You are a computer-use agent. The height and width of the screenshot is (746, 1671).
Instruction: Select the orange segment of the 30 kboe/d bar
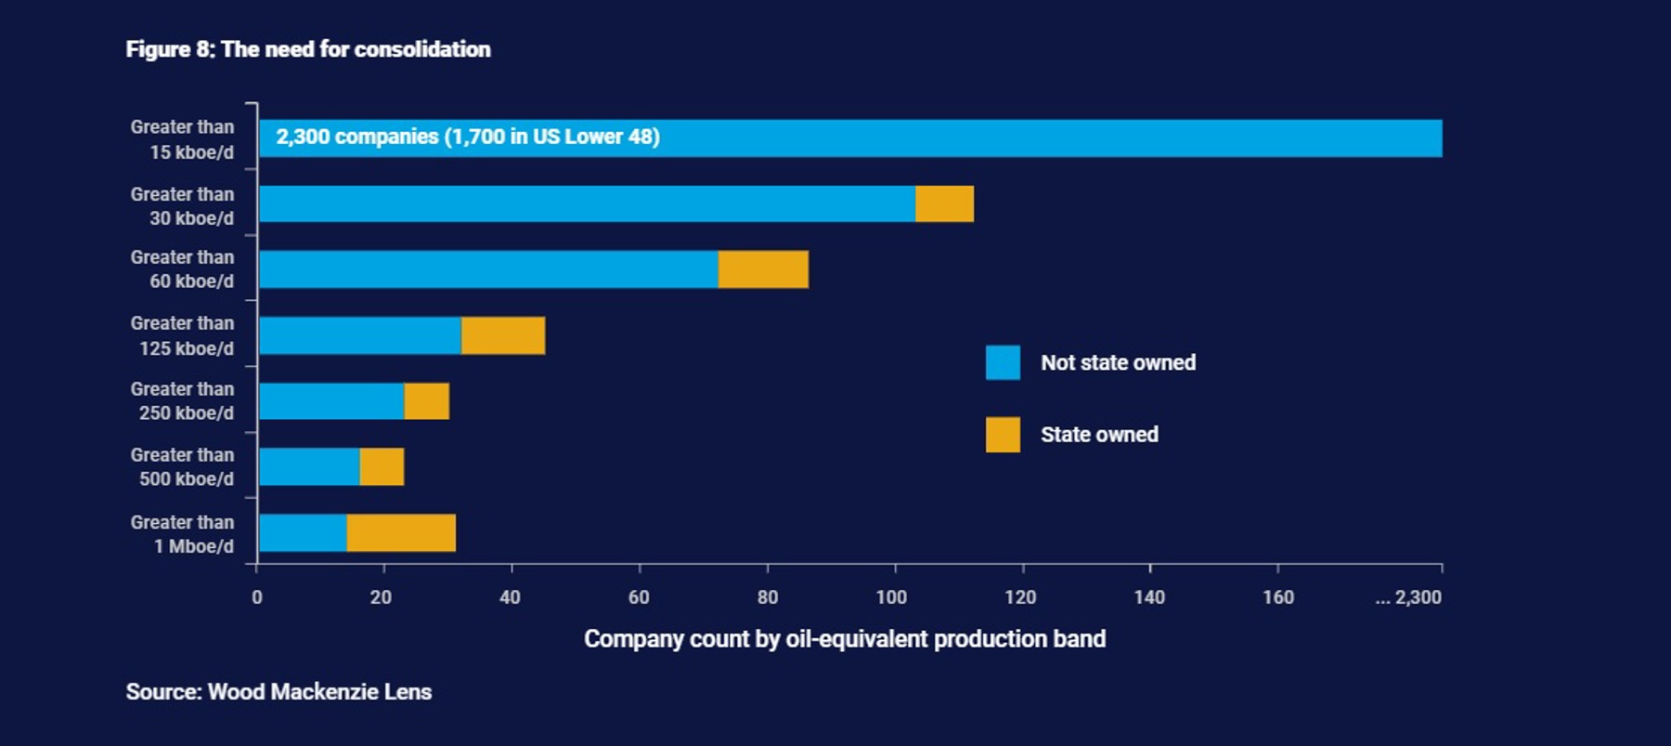(944, 204)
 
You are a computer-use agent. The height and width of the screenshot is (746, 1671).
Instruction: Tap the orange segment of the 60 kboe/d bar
(763, 269)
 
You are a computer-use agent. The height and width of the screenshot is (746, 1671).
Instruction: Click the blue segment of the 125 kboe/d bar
(360, 335)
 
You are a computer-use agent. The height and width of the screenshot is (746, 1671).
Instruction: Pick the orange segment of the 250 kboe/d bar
(426, 401)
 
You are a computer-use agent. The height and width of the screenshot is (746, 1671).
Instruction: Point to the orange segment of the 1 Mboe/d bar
(401, 533)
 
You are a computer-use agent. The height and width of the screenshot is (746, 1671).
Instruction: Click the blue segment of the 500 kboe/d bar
(309, 467)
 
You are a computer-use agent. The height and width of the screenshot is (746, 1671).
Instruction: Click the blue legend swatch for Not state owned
(1003, 362)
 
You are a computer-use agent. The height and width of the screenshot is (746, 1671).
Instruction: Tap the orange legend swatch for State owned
(1003, 435)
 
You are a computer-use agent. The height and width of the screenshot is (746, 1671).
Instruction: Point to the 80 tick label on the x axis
(767, 597)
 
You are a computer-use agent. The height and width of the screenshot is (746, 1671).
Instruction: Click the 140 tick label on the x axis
(1149, 597)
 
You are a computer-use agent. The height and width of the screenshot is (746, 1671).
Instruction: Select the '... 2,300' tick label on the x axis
(1408, 597)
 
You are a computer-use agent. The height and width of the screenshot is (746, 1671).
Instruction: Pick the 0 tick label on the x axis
(257, 597)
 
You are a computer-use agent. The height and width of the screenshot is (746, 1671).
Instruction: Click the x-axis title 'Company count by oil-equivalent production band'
(844, 639)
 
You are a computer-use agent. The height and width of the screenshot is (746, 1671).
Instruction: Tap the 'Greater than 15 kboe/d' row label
(183, 139)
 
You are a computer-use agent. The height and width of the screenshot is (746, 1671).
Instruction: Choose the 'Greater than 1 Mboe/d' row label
(183, 534)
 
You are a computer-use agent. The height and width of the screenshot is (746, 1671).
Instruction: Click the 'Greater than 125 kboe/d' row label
(183, 335)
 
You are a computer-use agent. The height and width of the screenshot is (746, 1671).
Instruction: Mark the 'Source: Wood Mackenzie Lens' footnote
(278, 692)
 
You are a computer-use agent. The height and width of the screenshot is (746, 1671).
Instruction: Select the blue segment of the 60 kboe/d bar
(488, 269)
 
